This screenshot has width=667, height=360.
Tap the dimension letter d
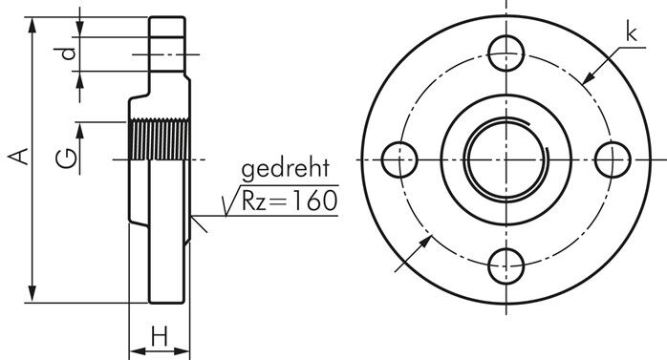[x=67, y=54]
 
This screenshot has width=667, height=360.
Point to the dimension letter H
[x=160, y=335]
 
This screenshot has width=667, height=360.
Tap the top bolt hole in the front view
[x=505, y=53]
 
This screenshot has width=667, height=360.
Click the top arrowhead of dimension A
[x=34, y=23]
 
